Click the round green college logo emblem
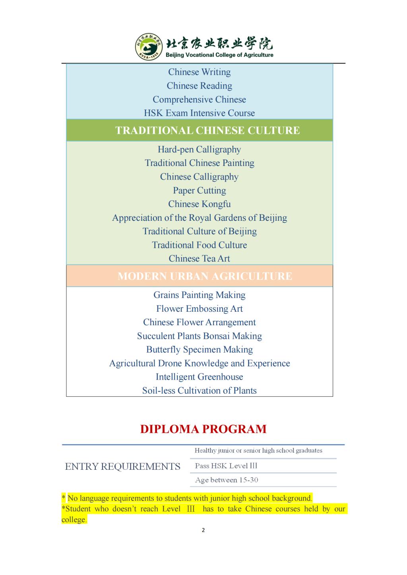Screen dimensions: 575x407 pyautogui.click(x=149, y=47)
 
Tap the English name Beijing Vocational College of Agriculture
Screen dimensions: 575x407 pyautogui.click(x=219, y=55)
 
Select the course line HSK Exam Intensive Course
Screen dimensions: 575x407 pyautogui.click(x=199, y=113)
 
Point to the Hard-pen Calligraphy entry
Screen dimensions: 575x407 pyautogui.click(x=199, y=150)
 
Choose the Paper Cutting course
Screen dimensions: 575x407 pyautogui.click(x=199, y=191)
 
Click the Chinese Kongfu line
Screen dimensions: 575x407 pyautogui.click(x=199, y=204)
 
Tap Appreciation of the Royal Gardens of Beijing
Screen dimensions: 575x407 pyautogui.click(x=199, y=218)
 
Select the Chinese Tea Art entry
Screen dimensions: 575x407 pyautogui.click(x=199, y=259)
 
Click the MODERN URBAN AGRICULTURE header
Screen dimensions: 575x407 pyautogui.click(x=205, y=276)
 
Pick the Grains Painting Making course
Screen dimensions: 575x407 pyautogui.click(x=199, y=295)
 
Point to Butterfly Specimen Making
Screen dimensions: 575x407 pyautogui.click(x=199, y=350)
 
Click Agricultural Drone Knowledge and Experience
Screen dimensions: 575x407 pyautogui.click(x=199, y=363)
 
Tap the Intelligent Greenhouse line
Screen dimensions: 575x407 pyautogui.click(x=199, y=377)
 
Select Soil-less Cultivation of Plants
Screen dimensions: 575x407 pyautogui.click(x=199, y=391)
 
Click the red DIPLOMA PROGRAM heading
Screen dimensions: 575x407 pyautogui.click(x=203, y=429)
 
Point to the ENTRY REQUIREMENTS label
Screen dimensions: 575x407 pyautogui.click(x=122, y=467)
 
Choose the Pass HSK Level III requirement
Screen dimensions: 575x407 pyautogui.click(x=226, y=466)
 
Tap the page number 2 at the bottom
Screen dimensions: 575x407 pyautogui.click(x=203, y=530)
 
